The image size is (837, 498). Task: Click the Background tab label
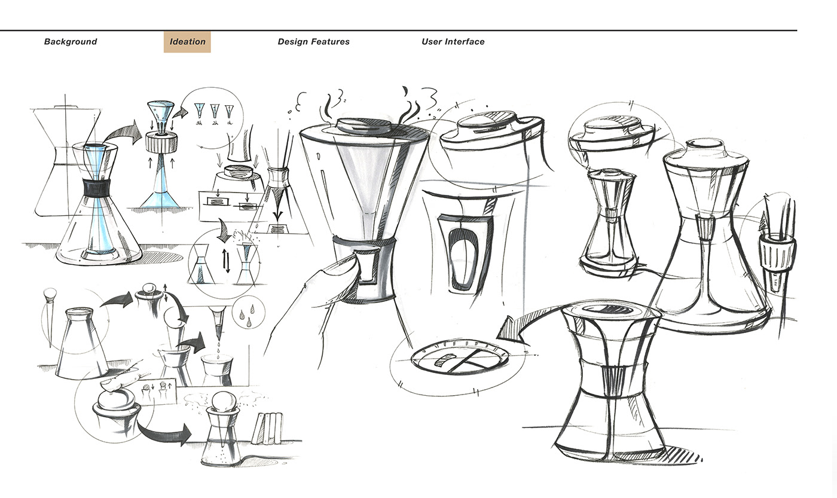click(x=71, y=42)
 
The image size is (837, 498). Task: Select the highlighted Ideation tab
click(x=187, y=42)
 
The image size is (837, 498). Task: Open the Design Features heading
click(x=313, y=42)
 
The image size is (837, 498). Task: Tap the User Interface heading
click(x=453, y=42)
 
